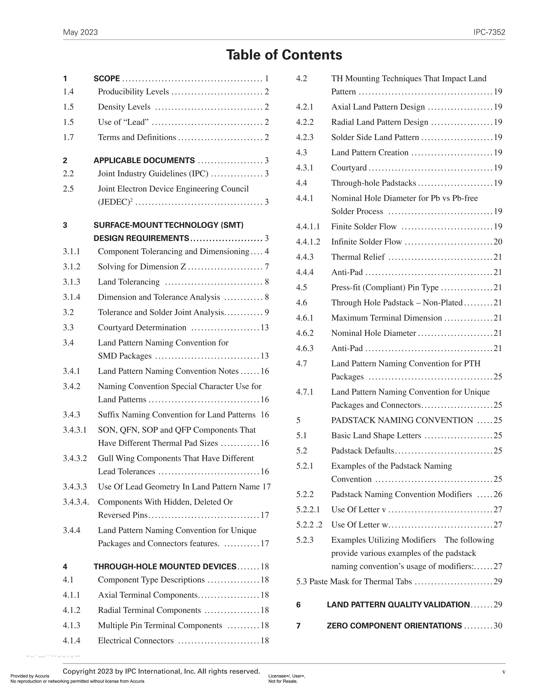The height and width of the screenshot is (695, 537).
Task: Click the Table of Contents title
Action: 284,55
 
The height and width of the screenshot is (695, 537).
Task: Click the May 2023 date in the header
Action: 80,33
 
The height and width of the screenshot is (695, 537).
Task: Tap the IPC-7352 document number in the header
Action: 489,33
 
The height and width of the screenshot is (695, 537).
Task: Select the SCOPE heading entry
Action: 106,79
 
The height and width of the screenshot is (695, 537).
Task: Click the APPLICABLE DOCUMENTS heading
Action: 144,161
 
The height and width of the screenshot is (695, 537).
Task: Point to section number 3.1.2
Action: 72,267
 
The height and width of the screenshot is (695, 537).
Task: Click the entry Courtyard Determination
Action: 142,328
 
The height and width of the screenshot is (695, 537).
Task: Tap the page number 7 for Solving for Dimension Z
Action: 267,267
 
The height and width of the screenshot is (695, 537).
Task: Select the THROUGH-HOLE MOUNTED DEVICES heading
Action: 165,567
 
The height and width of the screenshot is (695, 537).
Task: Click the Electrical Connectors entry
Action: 136,641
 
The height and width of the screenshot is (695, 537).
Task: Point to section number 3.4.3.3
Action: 75,487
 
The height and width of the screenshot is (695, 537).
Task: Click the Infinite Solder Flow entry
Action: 367,242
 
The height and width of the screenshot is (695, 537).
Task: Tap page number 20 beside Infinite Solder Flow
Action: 498,242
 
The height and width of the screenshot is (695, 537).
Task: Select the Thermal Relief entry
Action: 358,257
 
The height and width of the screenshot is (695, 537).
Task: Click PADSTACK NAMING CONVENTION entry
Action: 402,420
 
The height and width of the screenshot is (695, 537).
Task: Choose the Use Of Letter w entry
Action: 359,525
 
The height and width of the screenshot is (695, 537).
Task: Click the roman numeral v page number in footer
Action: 504,672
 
